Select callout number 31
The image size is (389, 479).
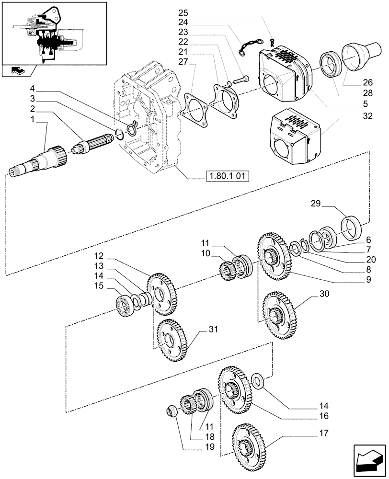point(213,329)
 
